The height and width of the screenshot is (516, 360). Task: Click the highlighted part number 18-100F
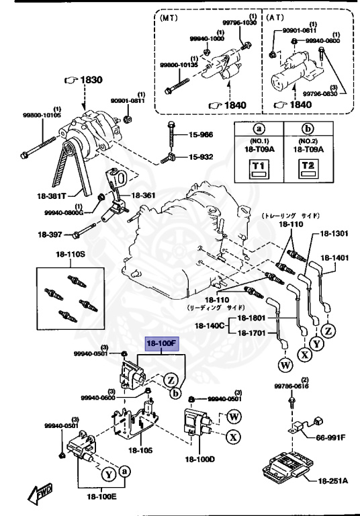pos(161,343)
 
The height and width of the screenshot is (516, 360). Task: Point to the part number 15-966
pos(199,135)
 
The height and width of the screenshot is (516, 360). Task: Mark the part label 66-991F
pos(330,437)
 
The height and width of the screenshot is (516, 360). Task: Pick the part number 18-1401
pos(334,257)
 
